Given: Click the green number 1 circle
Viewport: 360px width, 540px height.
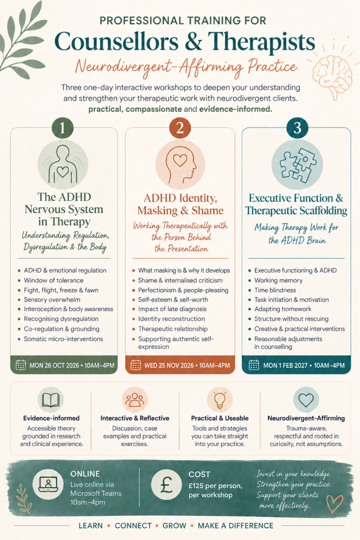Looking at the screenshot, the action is [63, 128].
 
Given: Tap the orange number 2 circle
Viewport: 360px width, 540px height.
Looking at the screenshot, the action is [180, 128].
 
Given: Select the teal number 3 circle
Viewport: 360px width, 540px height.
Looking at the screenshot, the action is [297, 128].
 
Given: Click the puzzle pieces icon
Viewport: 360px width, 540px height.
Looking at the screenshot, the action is [297, 165].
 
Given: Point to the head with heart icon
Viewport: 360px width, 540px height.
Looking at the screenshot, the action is [180, 165].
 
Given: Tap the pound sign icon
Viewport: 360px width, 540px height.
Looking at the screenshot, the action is [167, 484].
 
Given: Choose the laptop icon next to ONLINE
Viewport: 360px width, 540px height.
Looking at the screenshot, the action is [48, 484].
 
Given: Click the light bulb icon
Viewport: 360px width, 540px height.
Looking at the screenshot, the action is [220, 400].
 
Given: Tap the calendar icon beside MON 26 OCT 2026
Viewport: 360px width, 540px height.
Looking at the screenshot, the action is [21, 365].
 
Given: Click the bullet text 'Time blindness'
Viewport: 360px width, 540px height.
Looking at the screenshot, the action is [275, 290].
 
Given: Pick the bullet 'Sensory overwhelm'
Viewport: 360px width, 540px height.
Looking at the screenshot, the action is [52, 300].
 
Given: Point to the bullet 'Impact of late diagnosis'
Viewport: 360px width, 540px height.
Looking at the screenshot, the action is [172, 309].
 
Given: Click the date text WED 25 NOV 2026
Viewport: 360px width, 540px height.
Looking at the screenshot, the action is [169, 365].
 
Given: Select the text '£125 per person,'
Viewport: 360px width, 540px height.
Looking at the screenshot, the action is [216, 486].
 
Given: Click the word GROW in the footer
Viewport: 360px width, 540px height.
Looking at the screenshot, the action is [174, 526].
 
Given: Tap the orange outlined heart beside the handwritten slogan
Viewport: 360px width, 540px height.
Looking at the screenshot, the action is [335, 504].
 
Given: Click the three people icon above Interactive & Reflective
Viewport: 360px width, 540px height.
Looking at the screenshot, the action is [134, 400].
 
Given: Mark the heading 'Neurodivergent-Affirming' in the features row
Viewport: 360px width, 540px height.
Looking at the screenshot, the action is [306, 418].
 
